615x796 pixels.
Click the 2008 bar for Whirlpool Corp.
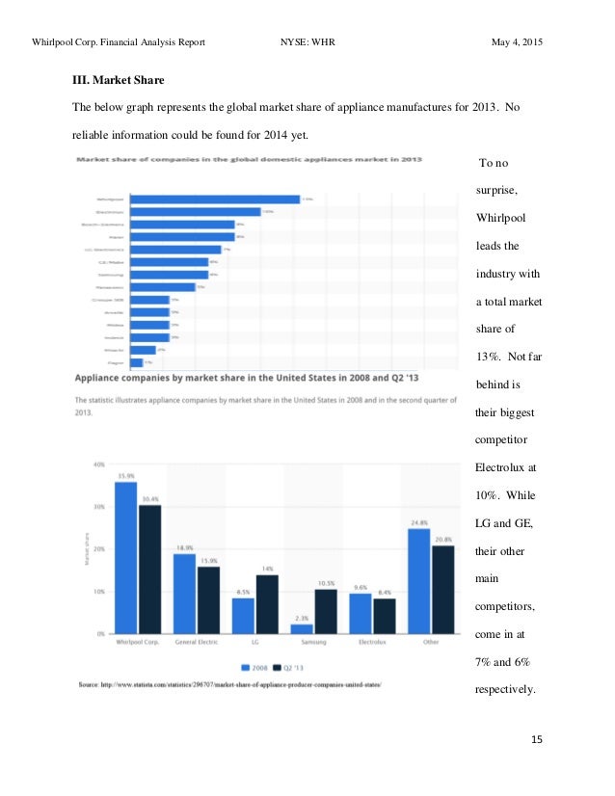[125, 557]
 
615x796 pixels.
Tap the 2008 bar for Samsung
[302, 628]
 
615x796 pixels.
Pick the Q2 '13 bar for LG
[267, 603]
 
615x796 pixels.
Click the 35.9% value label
[125, 475]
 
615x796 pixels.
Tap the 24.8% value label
[418, 522]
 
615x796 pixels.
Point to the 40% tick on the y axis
[98, 464]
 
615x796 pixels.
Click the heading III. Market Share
[121, 80]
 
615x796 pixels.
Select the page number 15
[537, 740]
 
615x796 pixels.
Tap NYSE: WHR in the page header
[307, 43]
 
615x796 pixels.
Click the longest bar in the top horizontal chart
[215, 199]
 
